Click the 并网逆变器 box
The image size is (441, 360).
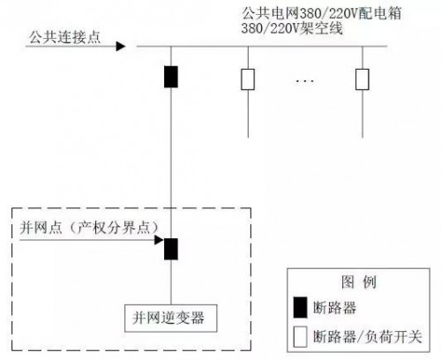171,318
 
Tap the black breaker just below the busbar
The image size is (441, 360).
171,77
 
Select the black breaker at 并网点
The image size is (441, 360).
171,249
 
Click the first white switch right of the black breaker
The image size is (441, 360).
248,79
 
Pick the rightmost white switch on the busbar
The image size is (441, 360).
363,79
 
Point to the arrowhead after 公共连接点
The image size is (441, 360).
121,46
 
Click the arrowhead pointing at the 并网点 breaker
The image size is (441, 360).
159,240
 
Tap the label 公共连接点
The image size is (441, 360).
64,37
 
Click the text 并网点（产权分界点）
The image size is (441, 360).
89,228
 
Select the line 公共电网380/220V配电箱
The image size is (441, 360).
321,13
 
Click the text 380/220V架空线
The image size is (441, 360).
292,28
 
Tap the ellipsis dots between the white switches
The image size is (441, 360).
305,80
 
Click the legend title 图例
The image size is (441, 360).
359,281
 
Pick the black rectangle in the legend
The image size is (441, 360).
300,307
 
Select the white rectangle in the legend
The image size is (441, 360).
300,336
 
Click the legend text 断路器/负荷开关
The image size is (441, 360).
368,336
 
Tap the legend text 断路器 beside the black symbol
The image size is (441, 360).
334,308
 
